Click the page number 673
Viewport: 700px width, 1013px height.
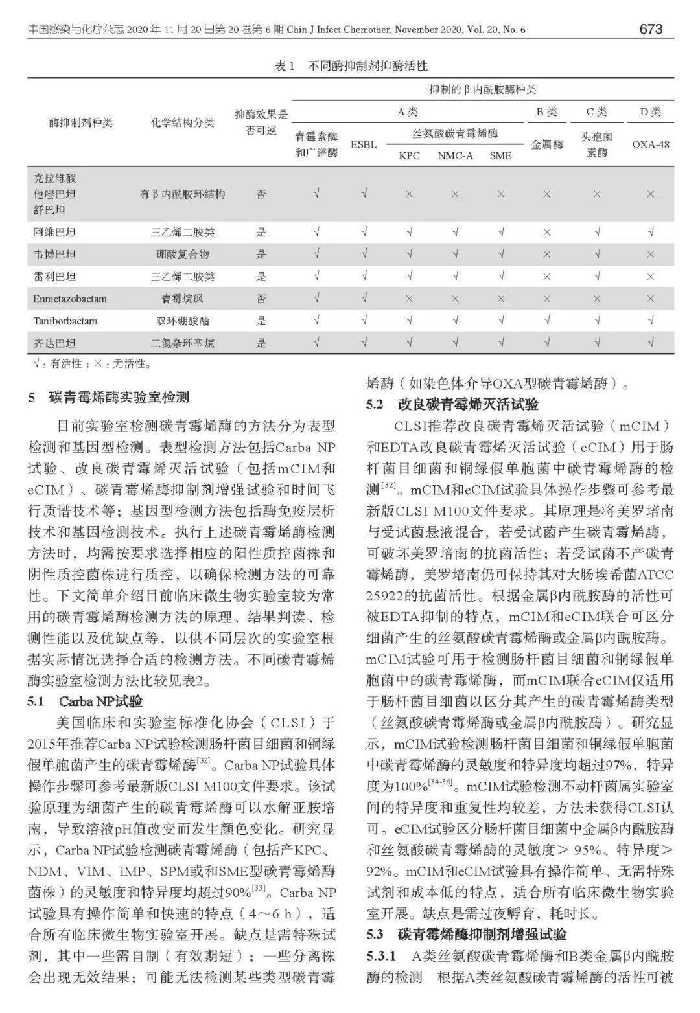651,29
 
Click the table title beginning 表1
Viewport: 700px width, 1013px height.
351,66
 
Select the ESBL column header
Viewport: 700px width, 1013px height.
364,144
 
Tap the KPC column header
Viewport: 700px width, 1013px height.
409,155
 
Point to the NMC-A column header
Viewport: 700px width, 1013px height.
455,155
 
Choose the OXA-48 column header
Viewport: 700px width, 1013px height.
650,144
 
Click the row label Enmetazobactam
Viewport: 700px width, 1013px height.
70,299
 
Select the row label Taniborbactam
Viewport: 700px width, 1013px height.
65,321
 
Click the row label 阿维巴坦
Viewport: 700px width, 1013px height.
54,232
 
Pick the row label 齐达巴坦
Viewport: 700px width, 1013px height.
54,343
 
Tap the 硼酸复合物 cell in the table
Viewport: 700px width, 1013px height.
182,254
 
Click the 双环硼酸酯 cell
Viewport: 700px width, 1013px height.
182,321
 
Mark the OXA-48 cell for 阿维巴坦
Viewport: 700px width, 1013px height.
650,232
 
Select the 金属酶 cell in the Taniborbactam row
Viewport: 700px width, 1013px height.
547,321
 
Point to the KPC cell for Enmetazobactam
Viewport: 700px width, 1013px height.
409,299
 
